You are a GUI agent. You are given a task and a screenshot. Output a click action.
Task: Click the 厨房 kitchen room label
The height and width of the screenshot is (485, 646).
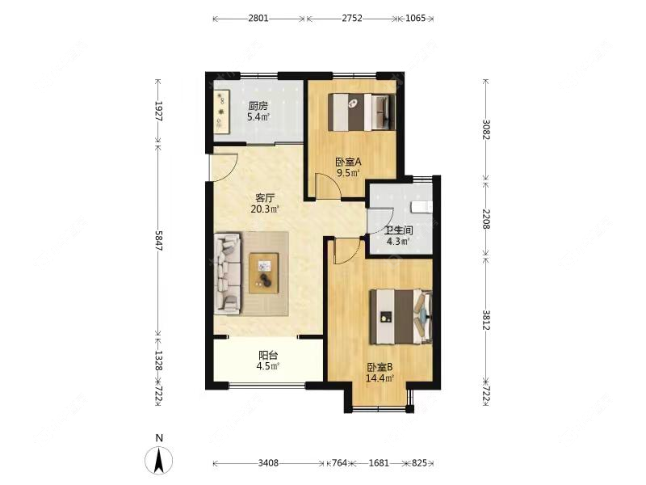(x=258, y=107)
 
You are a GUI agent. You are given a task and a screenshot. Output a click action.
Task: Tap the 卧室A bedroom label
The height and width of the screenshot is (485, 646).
(x=348, y=162)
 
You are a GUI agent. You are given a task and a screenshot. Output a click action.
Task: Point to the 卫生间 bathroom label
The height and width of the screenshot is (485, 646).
(x=399, y=231)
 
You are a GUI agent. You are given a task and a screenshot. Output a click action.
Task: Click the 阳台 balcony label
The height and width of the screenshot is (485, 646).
(x=268, y=355)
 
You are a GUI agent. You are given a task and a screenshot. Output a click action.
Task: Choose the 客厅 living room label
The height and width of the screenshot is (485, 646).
(x=265, y=198)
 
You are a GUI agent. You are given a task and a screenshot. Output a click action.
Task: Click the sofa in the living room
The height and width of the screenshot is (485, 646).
(x=228, y=273)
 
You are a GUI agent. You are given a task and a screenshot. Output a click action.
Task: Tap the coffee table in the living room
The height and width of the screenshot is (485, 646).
(x=264, y=273)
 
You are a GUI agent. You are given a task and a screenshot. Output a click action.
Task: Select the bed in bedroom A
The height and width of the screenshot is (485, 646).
(x=362, y=112)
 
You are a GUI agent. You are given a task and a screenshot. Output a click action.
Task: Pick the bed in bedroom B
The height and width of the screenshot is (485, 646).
(x=401, y=317)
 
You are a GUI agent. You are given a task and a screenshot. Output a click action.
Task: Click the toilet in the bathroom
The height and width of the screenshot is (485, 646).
(x=422, y=206)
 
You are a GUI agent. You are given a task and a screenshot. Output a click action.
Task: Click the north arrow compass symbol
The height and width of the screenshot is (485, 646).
(x=159, y=460)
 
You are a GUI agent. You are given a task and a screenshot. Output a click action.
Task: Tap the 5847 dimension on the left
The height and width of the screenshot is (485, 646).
(x=158, y=240)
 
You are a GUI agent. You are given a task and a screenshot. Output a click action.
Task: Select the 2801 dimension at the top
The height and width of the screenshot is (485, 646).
(x=258, y=18)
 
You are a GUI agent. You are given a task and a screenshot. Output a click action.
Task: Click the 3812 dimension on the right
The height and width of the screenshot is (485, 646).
(x=486, y=320)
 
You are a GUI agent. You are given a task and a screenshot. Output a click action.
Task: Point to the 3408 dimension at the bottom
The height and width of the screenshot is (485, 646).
(x=268, y=463)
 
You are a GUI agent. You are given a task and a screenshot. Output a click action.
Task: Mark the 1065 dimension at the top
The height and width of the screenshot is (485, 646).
(x=415, y=18)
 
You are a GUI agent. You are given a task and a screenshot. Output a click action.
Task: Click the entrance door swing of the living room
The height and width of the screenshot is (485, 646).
(x=224, y=167)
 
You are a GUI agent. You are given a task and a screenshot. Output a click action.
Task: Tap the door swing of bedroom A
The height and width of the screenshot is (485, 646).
(x=329, y=187)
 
